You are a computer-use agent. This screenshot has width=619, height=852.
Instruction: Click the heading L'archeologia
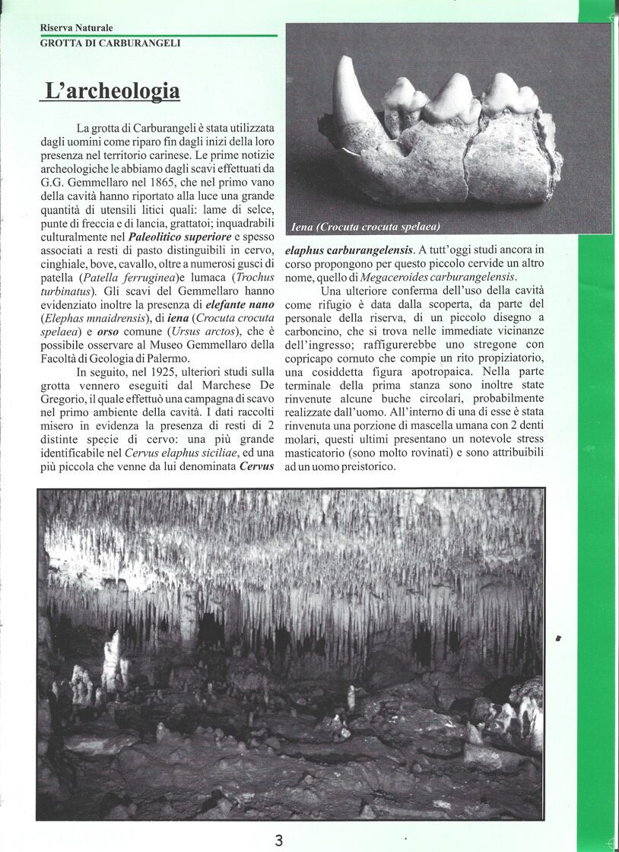[113, 91]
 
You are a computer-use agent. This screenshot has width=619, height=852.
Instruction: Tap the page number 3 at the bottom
[279, 840]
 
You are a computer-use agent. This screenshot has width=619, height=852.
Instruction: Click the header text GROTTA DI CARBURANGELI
[110, 43]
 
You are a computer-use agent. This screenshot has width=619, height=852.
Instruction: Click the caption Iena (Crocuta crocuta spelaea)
[366, 227]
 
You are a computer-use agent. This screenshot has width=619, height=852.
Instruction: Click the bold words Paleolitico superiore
[179, 236]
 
